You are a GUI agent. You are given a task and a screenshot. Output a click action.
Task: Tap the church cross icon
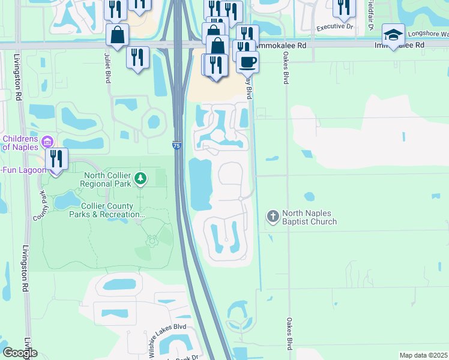(273, 216)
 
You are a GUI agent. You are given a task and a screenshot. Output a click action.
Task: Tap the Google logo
(20, 353)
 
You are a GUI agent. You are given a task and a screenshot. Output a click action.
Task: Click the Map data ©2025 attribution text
(423, 355)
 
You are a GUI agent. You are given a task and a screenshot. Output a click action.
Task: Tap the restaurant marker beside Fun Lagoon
(56, 159)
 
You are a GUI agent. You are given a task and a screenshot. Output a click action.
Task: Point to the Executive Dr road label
(335, 27)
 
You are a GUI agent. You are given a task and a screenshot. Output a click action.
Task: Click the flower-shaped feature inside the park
(152, 241)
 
